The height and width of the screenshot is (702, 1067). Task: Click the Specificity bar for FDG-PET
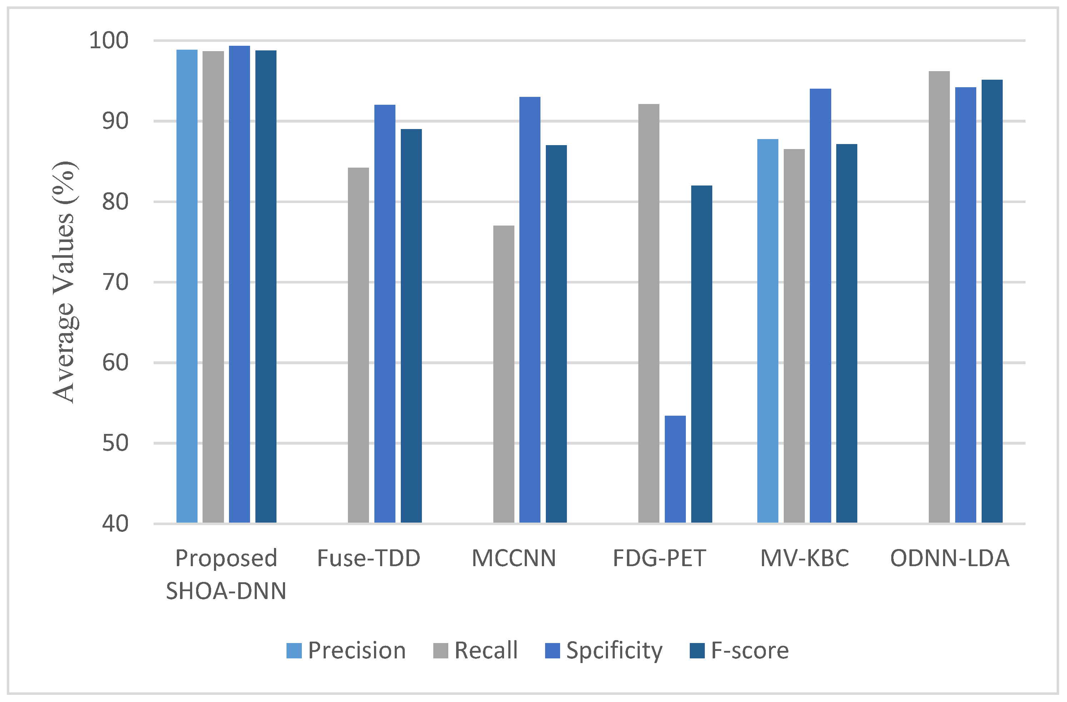[675, 469]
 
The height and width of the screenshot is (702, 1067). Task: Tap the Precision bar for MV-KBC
[768, 331]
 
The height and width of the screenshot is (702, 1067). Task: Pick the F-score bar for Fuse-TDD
[411, 326]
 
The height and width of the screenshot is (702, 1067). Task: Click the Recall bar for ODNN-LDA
[939, 297]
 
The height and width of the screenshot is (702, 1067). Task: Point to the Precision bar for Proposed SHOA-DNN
[186, 286]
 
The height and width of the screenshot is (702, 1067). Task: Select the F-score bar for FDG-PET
[701, 354]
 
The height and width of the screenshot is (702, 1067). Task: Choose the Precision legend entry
[346, 651]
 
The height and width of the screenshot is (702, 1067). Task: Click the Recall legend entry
[475, 651]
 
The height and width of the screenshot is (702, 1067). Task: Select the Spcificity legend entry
[603, 651]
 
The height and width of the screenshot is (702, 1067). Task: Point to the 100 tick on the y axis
[109, 41]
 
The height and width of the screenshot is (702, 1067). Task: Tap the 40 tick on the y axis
[115, 524]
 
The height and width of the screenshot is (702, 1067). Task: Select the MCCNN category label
[514, 558]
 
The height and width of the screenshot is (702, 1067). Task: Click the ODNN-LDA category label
[949, 558]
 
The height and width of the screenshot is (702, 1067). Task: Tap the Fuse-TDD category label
[369, 558]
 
